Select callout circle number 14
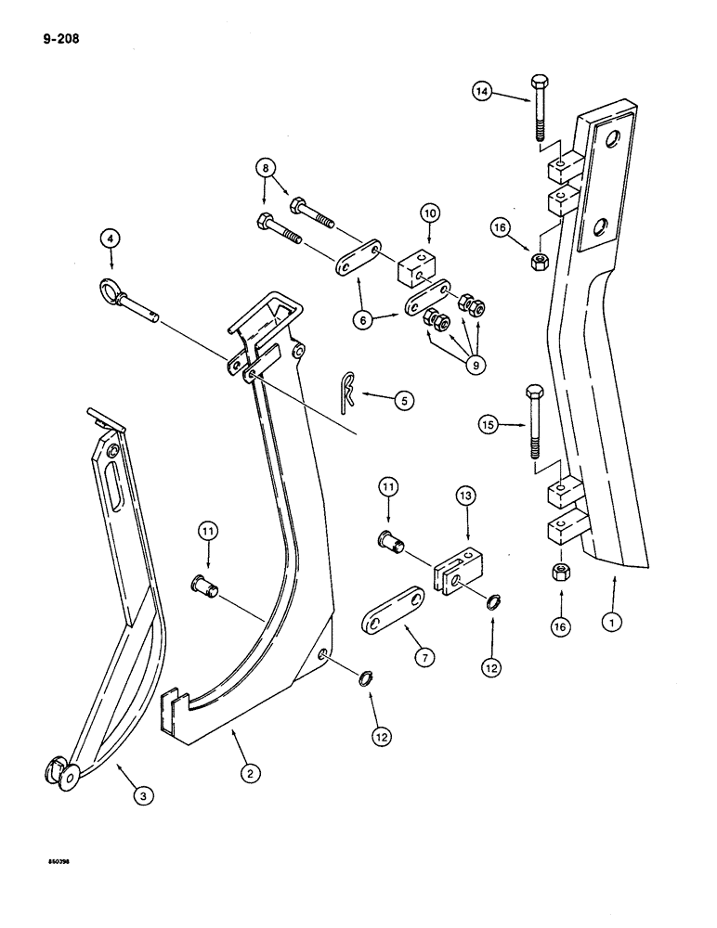click(481, 92)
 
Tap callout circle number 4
click(111, 239)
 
